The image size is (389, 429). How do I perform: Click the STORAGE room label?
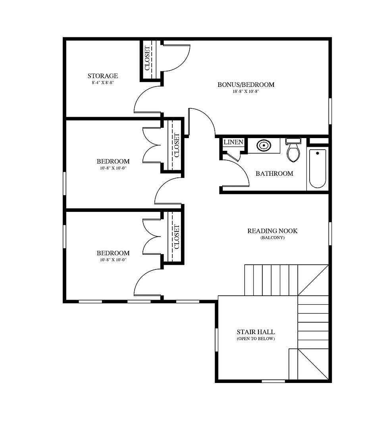coord(103,76)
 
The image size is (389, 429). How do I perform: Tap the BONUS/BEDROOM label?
coord(246,85)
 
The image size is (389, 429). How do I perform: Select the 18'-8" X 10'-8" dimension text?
coord(246,91)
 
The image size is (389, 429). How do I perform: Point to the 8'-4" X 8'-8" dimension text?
coord(103,83)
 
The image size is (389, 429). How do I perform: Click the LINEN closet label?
coord(233,142)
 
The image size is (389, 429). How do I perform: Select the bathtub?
coord(318,169)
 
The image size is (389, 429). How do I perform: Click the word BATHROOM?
coord(274,173)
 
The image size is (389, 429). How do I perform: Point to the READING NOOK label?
coord(272,231)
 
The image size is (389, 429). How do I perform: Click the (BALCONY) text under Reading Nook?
coord(272,238)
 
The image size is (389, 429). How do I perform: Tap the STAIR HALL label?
coord(256,332)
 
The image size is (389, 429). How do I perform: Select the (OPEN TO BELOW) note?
coord(256,339)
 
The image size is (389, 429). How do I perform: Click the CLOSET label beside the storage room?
coord(147,58)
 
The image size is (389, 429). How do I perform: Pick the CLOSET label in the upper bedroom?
coord(177,145)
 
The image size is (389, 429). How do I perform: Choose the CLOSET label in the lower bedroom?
coord(177,237)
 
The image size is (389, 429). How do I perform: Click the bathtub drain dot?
coord(318,153)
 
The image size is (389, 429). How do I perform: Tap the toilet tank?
coord(293,141)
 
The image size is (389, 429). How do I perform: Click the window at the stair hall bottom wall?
coord(273,381)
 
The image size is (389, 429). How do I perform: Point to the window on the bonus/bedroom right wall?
coord(330,111)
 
